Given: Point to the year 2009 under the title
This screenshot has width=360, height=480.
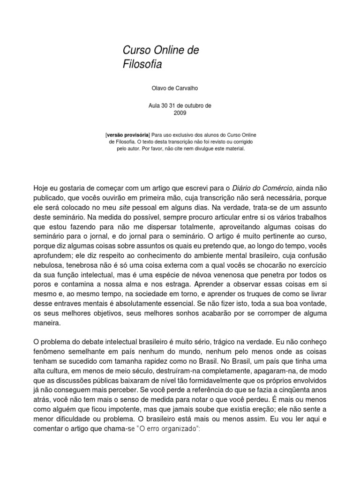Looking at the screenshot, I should point(180,113).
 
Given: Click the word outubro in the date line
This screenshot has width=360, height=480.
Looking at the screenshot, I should point(191,106).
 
